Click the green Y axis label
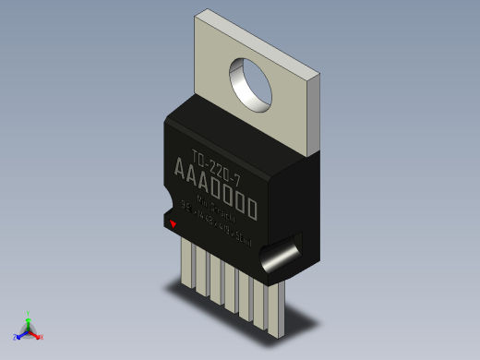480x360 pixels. coord(29,313)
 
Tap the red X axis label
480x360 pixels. coord(42,337)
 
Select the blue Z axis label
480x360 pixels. coord(15,337)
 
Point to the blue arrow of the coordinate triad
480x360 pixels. coord(21,333)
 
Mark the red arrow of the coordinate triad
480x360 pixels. coord(36,334)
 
